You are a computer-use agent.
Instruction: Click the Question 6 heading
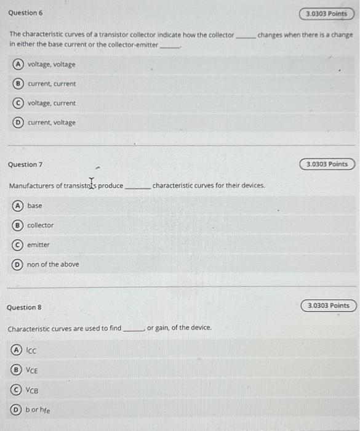(x=25, y=13)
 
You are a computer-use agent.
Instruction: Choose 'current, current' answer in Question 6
(x=52, y=84)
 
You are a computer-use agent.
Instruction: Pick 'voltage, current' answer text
(x=52, y=103)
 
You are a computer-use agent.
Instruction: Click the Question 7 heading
(x=25, y=164)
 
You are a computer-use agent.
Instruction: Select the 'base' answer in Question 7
(x=34, y=206)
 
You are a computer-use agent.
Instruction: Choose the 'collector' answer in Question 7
(x=40, y=225)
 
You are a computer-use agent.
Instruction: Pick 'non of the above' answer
(x=53, y=265)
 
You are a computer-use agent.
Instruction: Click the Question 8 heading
(x=25, y=307)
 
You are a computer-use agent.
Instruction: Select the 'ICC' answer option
(x=31, y=350)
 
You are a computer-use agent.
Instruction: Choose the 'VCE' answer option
(x=32, y=370)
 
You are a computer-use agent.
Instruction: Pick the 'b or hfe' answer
(x=38, y=410)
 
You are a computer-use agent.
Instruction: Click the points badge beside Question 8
(x=328, y=306)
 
